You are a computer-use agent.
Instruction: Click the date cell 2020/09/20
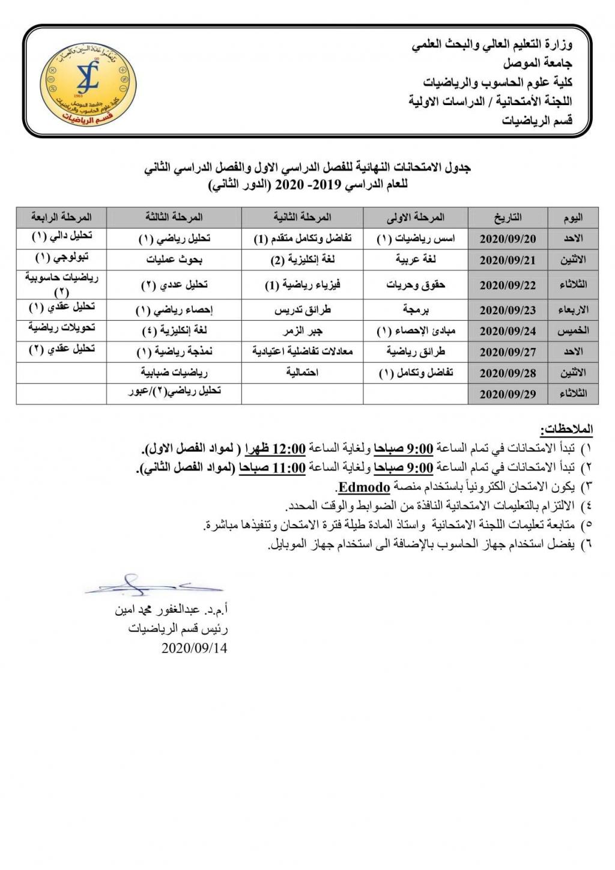click(507, 239)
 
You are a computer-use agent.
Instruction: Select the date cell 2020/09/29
click(507, 394)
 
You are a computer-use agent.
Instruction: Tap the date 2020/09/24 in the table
click(507, 331)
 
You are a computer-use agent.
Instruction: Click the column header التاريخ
click(507, 218)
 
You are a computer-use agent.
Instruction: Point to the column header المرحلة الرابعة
click(61, 217)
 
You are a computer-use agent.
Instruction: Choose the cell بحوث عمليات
click(174, 260)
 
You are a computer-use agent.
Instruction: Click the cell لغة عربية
click(416, 260)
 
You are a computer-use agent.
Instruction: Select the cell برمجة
click(416, 310)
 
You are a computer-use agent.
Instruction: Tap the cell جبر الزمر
click(303, 331)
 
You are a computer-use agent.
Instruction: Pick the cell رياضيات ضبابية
click(174, 373)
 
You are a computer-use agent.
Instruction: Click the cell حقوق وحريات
click(416, 284)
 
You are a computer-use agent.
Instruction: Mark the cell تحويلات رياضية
click(61, 328)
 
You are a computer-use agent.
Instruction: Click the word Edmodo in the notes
click(364, 487)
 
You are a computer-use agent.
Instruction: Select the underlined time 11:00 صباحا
click(272, 467)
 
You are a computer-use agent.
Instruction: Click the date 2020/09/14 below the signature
click(194, 648)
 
